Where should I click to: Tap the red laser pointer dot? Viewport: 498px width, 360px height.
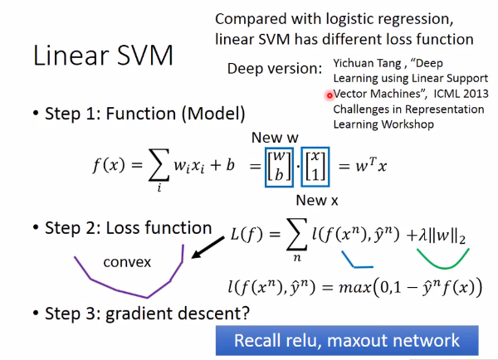click(329, 95)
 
